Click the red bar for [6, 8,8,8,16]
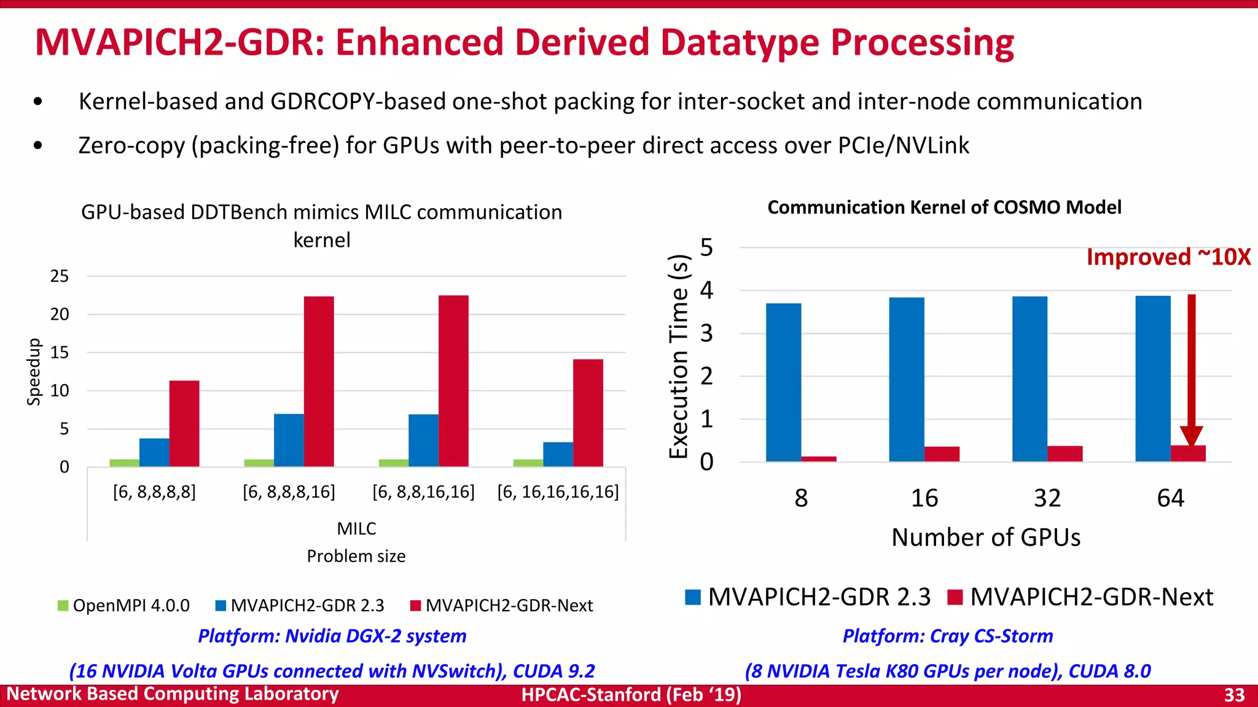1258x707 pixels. (319, 381)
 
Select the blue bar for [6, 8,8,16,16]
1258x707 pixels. (423, 440)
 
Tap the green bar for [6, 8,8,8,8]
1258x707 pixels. (124, 463)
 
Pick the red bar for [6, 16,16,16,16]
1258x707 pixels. (588, 412)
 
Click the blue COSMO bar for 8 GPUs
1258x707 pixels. (783, 382)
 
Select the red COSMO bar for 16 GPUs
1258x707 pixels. (942, 454)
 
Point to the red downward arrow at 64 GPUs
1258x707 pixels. (1191, 368)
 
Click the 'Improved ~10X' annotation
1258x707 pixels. (1168, 257)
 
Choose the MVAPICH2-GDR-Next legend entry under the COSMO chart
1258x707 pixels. (1080, 597)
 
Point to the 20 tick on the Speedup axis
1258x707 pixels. (60, 314)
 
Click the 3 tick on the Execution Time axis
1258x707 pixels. (706, 333)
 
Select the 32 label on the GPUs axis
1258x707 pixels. (1047, 498)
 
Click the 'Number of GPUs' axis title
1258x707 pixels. (985, 537)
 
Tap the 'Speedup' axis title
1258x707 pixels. (34, 372)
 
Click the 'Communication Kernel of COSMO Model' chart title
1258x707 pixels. (944, 207)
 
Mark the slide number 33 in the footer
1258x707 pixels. (1234, 695)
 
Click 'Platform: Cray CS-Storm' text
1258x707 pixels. (947, 636)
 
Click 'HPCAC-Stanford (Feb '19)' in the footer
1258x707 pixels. (631, 695)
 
